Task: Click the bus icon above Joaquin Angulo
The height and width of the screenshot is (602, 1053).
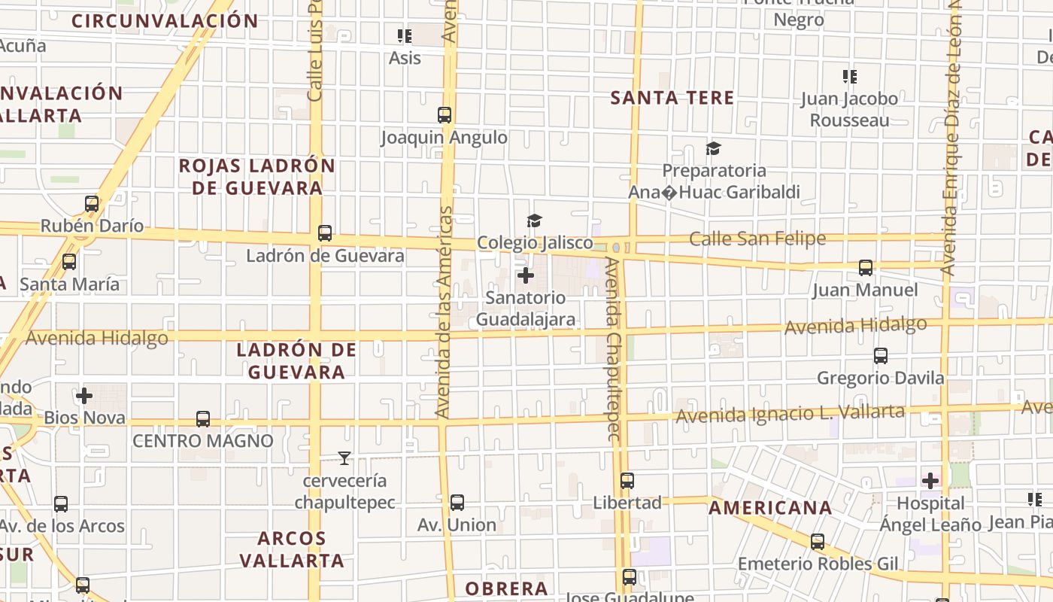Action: point(445,115)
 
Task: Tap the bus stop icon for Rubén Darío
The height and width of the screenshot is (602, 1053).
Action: point(92,204)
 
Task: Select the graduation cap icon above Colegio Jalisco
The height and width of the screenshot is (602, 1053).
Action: point(534,220)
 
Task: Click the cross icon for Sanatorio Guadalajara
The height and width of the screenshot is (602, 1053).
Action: point(526,275)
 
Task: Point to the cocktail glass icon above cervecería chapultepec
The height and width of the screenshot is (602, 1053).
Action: point(344,458)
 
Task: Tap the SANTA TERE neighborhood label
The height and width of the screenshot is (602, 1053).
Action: point(672,98)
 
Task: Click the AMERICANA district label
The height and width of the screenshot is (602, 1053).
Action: point(770,508)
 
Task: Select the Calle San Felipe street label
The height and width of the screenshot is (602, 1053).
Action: point(757,239)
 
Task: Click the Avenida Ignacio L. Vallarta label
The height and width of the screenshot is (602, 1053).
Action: point(790,414)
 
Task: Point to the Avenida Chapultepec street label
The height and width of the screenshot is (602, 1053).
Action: point(614,350)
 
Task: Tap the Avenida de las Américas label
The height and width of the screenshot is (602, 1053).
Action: point(444,312)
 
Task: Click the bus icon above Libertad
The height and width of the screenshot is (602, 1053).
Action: point(627,481)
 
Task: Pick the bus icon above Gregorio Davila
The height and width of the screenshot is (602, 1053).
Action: point(881,356)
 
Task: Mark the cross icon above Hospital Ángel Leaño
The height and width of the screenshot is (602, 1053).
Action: point(930,481)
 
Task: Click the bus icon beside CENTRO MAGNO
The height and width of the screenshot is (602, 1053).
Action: point(203,419)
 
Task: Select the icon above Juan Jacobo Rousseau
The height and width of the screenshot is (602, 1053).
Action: point(850,76)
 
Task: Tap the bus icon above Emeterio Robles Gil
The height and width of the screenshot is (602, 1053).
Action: point(818,542)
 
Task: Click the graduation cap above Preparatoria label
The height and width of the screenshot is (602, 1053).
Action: point(713,149)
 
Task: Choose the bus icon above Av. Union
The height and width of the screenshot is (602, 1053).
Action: point(457,503)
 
